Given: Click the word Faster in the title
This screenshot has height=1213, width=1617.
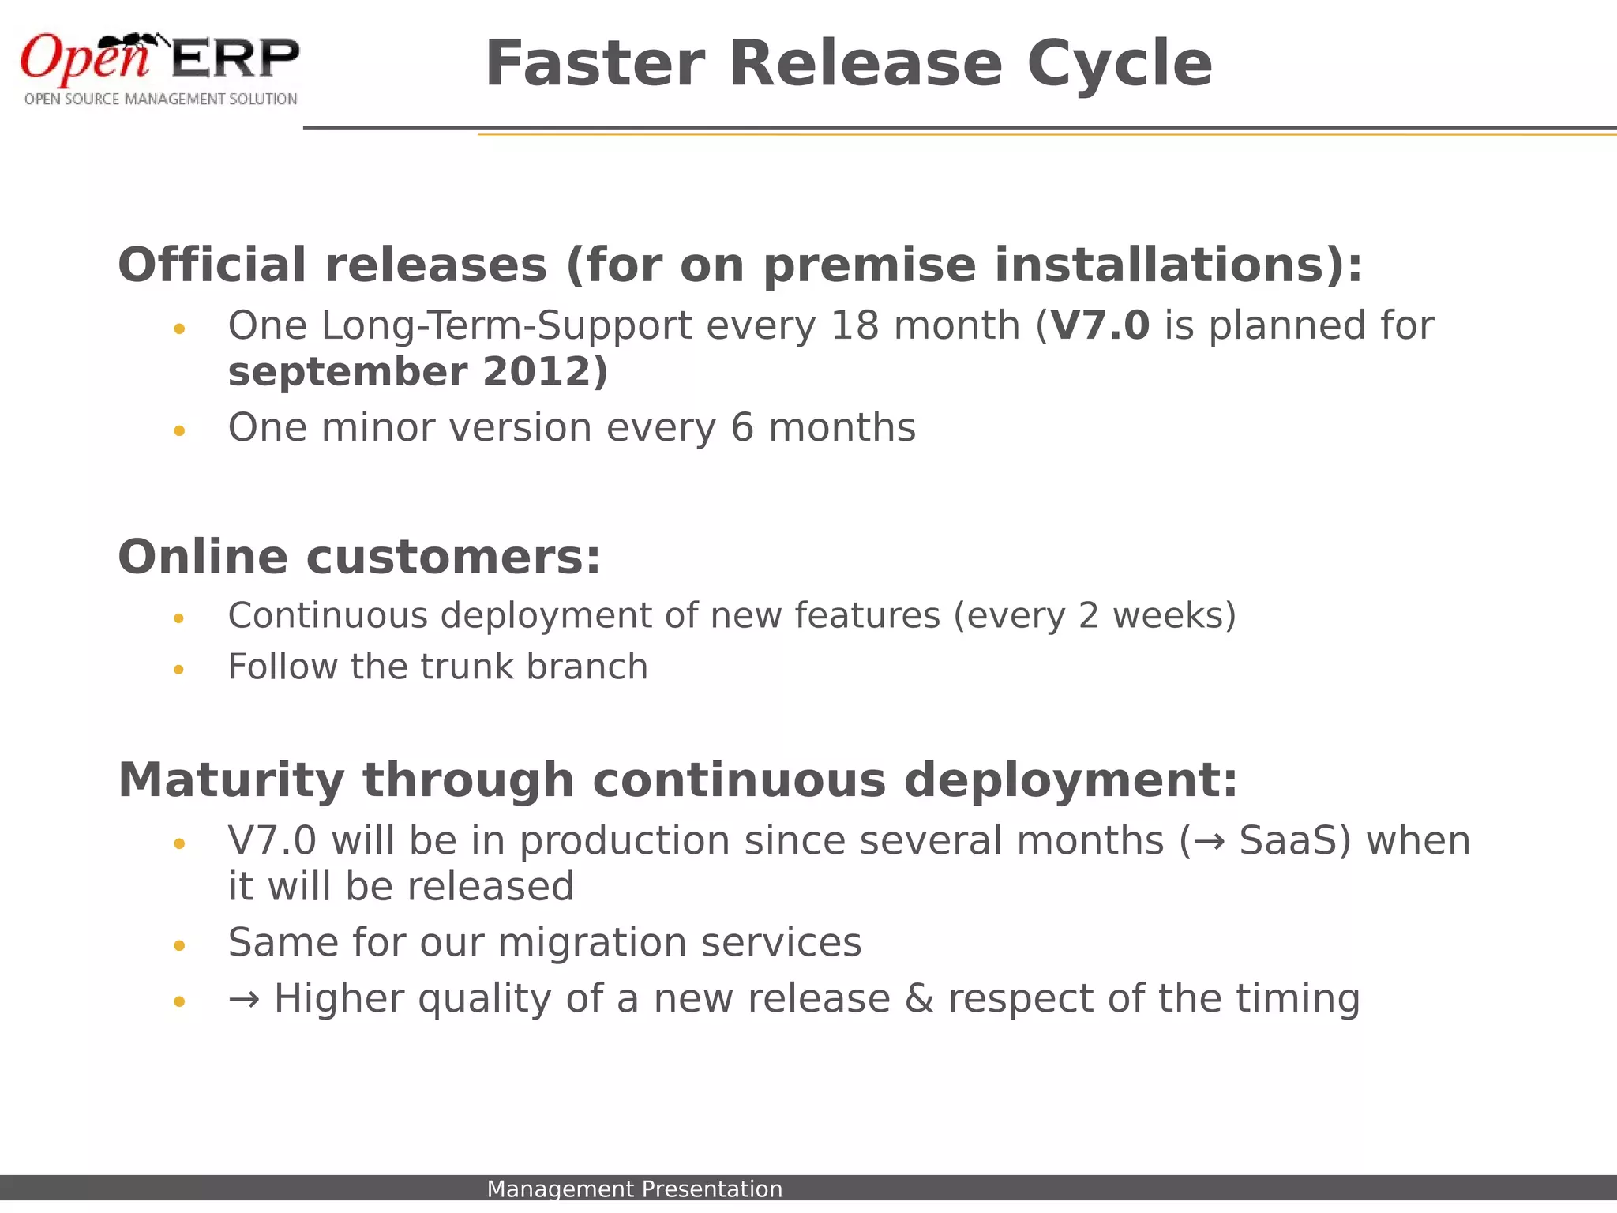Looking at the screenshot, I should pyautogui.click(x=594, y=65).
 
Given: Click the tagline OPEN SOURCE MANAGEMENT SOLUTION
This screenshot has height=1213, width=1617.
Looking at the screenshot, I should pyautogui.click(x=160, y=100).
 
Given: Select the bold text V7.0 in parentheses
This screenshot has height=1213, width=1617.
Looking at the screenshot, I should pyautogui.click(x=1100, y=325).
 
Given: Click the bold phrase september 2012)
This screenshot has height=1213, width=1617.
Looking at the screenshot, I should pyautogui.click(x=418, y=372).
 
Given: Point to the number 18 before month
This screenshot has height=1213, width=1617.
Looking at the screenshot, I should pyautogui.click(x=854, y=325).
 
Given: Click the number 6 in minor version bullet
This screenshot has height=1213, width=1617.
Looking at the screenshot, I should pyautogui.click(x=742, y=428).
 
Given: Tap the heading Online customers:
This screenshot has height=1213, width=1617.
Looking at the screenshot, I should pyautogui.click(x=359, y=558).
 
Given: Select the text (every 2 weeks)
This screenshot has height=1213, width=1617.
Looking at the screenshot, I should pyautogui.click(x=1094, y=616).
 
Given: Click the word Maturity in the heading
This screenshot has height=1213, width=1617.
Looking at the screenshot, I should pyautogui.click(x=231, y=780).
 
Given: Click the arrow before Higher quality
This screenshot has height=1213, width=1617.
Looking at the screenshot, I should pyautogui.click(x=243, y=1000).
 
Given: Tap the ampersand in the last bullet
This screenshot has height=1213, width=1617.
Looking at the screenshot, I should pyautogui.click(x=919, y=998).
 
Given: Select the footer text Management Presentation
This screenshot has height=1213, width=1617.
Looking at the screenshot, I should pyautogui.click(x=634, y=1189).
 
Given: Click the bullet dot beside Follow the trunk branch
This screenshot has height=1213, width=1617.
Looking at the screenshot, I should pyautogui.click(x=179, y=670).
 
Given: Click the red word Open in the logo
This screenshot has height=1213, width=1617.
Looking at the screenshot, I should pyautogui.click(x=84, y=58).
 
